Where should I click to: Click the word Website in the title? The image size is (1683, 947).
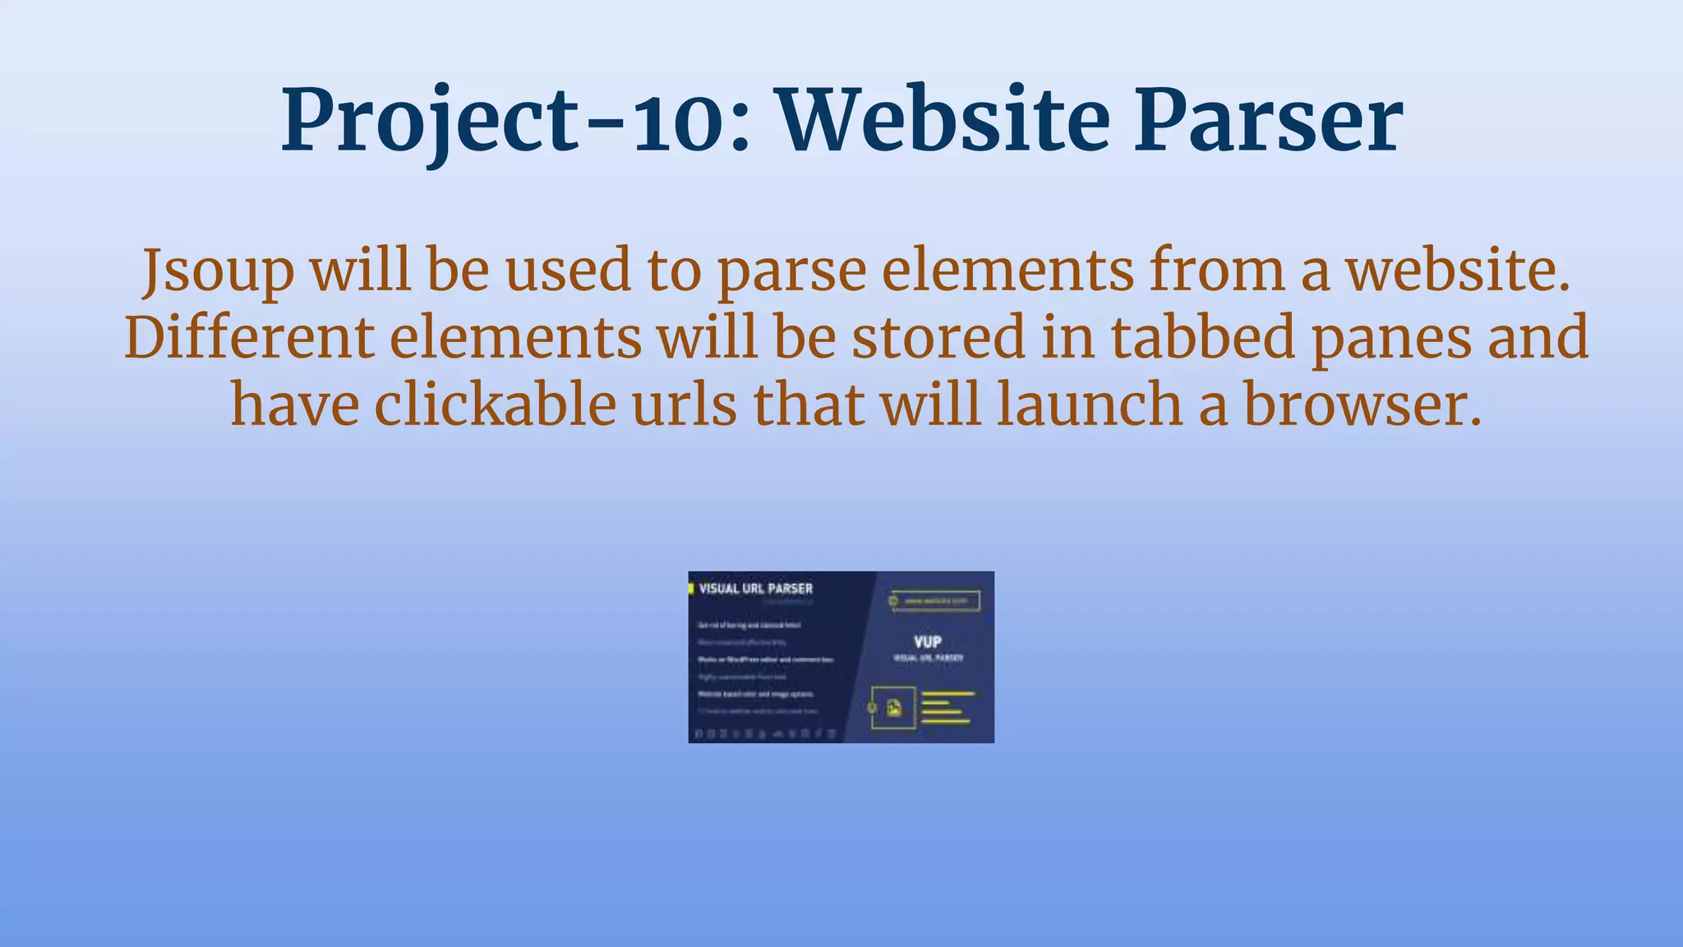(945, 122)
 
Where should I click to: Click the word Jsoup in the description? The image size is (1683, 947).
(218, 271)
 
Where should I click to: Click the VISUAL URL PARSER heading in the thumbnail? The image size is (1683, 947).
(755, 589)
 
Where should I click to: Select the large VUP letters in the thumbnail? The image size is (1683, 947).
(927, 641)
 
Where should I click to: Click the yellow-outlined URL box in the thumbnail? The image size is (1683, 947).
(936, 601)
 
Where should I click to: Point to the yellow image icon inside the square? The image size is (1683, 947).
(893, 707)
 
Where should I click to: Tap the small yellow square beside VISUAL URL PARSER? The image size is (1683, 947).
(691, 589)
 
